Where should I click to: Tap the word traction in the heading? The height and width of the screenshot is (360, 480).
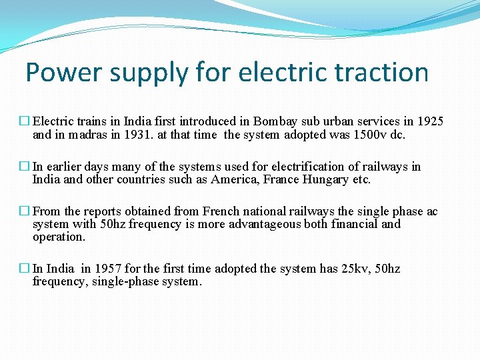pos(385,73)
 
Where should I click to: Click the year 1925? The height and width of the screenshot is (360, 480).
pos(430,121)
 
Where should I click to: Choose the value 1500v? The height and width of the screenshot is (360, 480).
pos(369,135)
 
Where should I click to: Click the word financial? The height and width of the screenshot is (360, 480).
pos(351,224)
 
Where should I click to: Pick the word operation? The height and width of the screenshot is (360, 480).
pos(59,237)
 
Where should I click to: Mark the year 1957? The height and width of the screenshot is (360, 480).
pos(108,269)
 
